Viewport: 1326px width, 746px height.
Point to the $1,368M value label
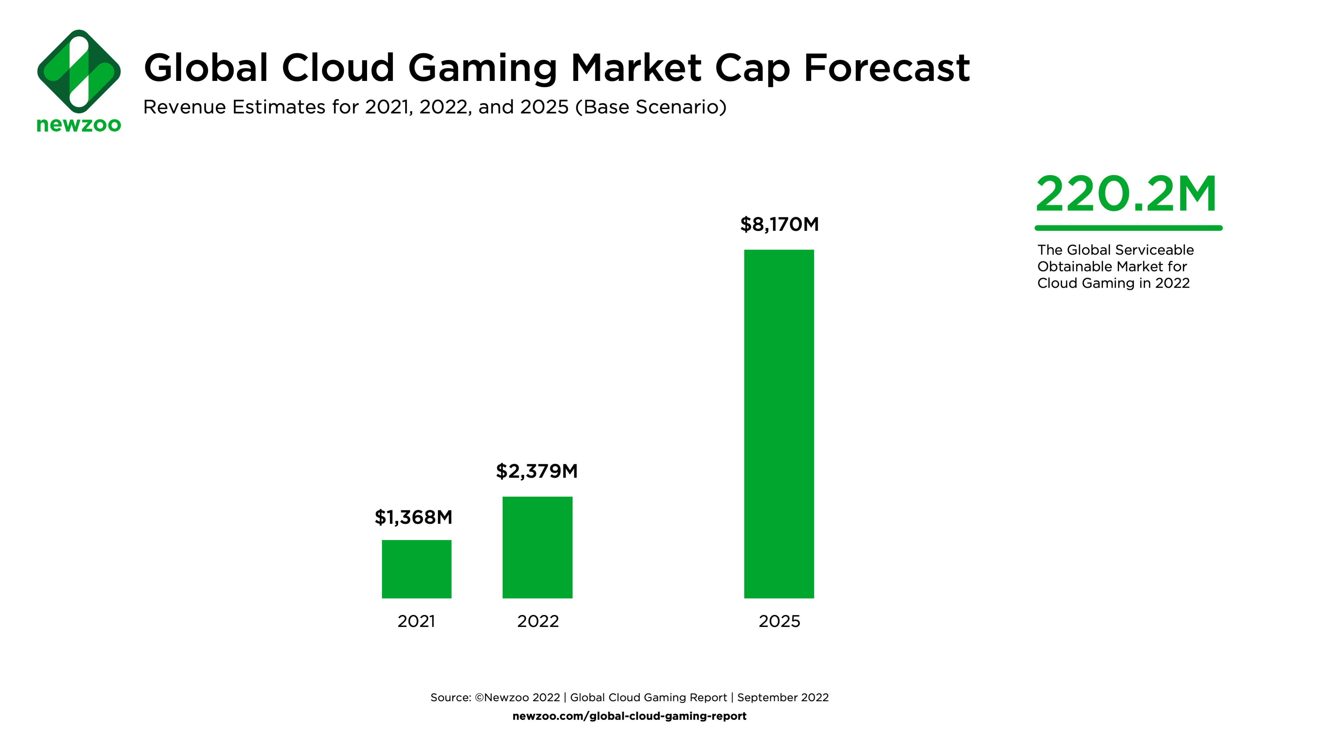(413, 517)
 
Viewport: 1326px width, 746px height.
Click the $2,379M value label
(537, 471)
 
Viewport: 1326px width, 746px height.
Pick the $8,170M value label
(779, 224)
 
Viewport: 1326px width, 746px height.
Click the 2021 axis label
(416, 621)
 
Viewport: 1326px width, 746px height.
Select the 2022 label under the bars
(537, 621)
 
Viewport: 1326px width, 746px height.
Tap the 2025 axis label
(779, 621)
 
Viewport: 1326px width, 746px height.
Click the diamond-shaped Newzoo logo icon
(79, 72)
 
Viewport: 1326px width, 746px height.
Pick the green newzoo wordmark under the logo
(79, 125)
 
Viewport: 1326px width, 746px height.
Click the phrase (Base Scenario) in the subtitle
(651, 107)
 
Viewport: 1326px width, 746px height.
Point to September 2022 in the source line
(783, 697)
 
